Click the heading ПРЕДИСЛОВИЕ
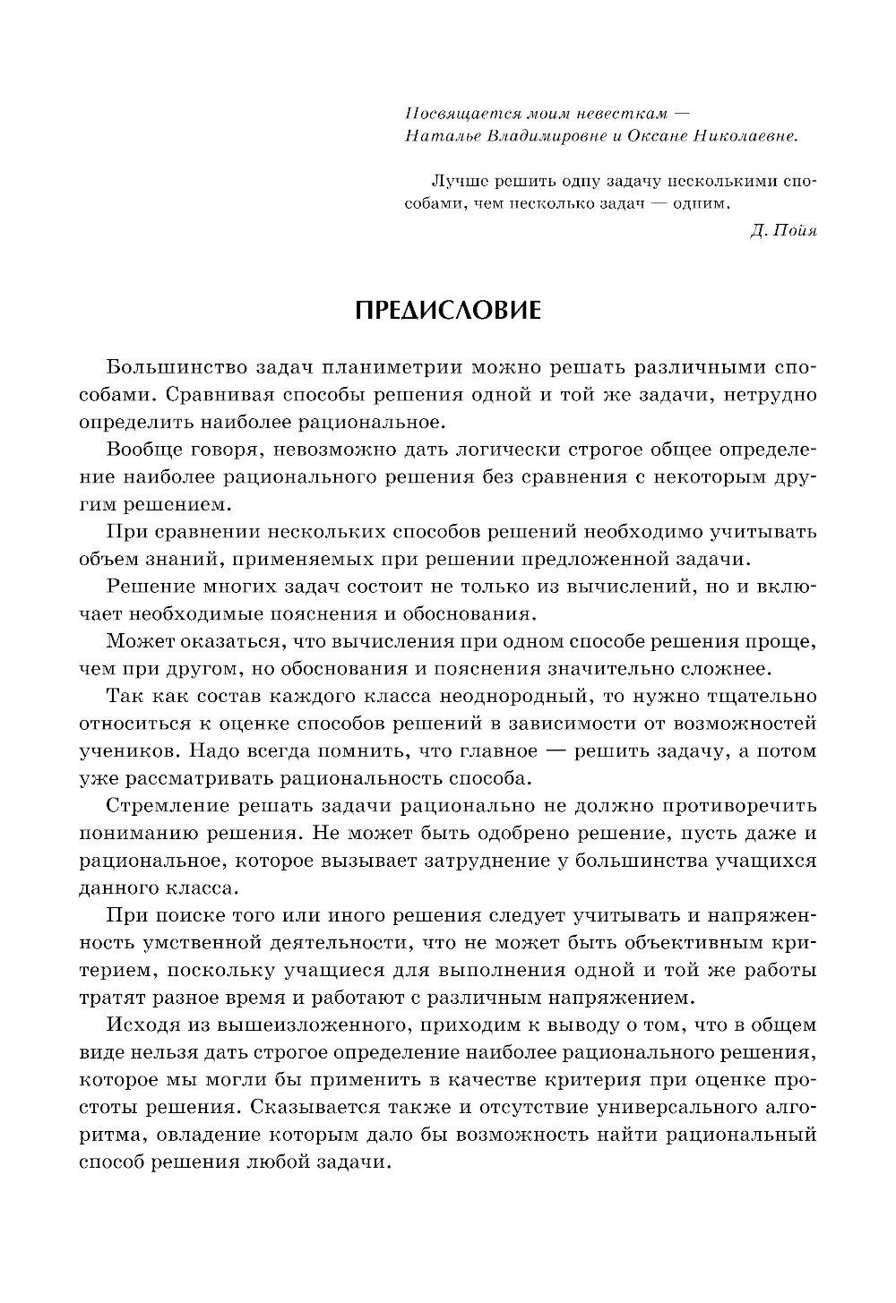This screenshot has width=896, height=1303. click(x=448, y=310)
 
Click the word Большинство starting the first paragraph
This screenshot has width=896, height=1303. click(x=170, y=368)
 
